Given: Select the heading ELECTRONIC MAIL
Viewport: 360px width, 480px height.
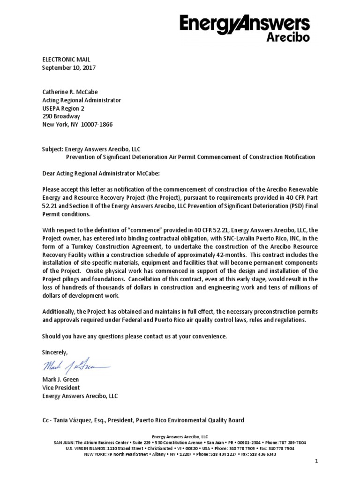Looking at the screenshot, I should pos(66,60).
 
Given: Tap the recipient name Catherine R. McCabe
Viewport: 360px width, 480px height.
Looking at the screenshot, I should pos(71,92).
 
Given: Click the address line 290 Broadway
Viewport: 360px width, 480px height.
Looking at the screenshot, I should pos(61,116).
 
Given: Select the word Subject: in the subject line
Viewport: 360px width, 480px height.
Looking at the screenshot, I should pos(52,149).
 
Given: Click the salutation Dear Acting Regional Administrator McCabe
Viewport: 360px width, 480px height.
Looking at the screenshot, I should pos(101,173).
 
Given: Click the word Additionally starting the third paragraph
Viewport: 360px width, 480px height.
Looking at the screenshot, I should pos(58,312).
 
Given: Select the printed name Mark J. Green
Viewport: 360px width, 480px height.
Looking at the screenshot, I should pos(61,380).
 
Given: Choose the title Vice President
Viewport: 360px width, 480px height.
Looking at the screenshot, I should pos(61,388).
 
